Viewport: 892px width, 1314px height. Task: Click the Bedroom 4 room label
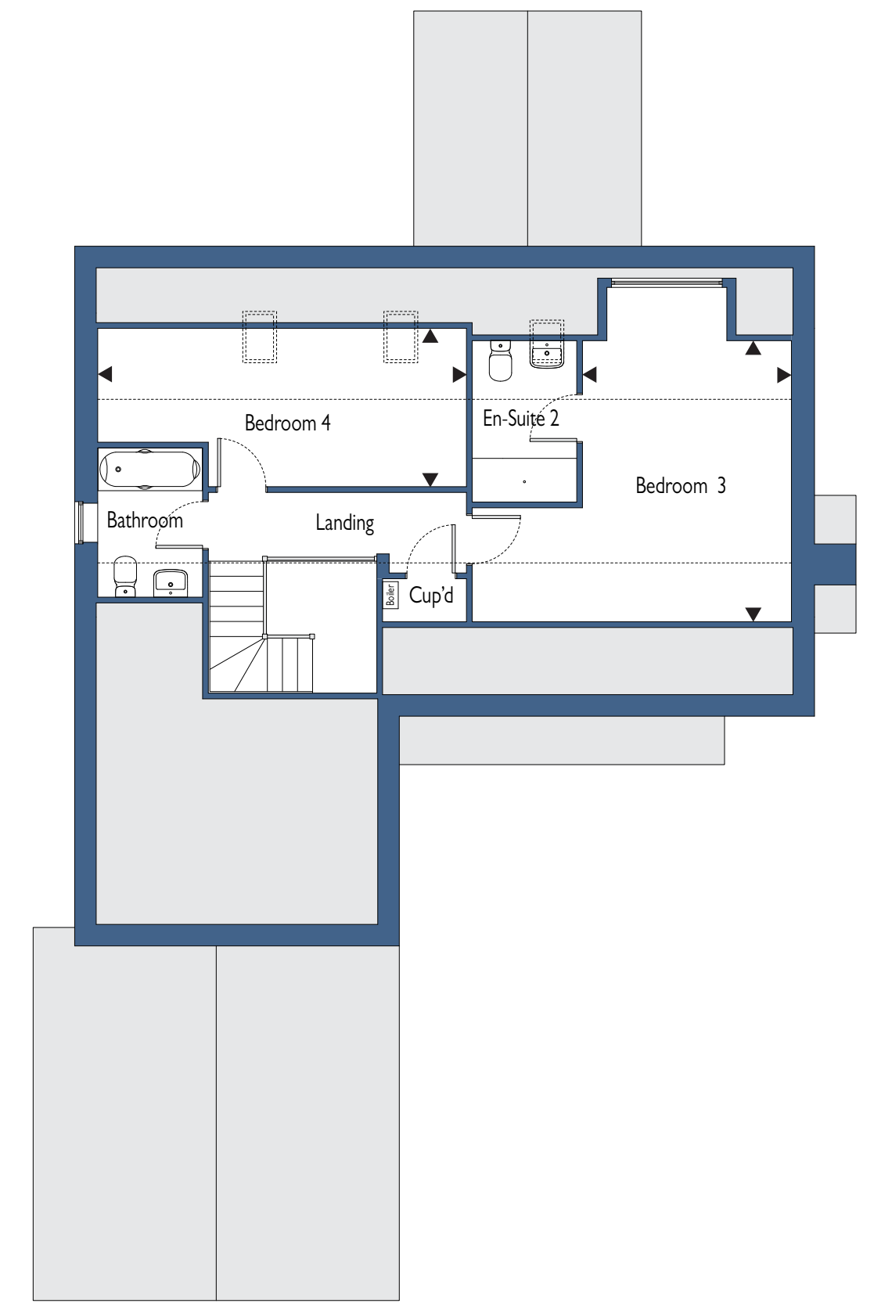pos(287,423)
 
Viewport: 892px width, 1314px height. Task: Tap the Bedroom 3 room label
pos(680,486)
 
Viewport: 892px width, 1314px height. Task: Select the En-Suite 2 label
pos(521,418)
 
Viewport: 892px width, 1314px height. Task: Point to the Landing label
pos(345,523)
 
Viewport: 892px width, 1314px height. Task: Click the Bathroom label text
pos(145,520)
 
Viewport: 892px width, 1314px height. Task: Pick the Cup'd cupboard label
pos(431,596)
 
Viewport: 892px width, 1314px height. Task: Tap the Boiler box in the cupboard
pos(390,594)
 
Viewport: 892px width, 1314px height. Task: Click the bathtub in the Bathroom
pos(150,470)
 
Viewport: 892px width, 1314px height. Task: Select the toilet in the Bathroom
pos(125,576)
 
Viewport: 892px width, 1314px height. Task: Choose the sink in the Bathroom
pos(170,583)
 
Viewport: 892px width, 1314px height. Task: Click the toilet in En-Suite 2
pos(500,361)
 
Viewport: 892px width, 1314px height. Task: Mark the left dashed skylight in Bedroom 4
pos(260,337)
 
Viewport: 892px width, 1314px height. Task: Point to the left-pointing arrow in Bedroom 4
pos(105,373)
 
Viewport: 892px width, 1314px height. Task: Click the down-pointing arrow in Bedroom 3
pos(753,614)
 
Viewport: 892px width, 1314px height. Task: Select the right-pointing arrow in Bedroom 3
pos(784,375)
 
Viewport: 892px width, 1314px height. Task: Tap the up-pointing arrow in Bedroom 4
pos(430,336)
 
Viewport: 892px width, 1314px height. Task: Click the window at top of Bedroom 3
pos(667,283)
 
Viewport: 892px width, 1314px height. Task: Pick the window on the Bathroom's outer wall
pos(79,522)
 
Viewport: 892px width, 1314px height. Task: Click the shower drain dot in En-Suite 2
pos(524,481)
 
